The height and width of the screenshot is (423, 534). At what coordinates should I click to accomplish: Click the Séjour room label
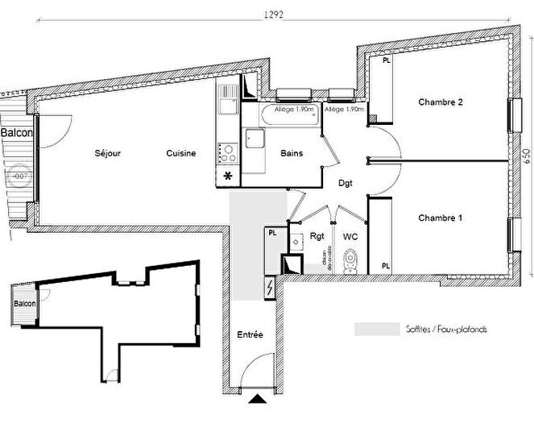[x=107, y=153]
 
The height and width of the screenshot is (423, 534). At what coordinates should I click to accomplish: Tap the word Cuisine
[x=181, y=153]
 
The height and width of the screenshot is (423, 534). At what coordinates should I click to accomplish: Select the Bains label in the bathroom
[x=291, y=153]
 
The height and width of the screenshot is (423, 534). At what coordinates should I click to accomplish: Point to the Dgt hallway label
[x=346, y=183]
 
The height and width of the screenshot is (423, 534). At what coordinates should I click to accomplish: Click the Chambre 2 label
[x=439, y=102]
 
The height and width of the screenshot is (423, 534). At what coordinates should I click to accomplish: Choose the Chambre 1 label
[x=439, y=218]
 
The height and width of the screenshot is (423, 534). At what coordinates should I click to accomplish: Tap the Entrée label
[x=250, y=334]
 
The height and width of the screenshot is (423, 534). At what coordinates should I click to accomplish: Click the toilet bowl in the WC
[x=350, y=260]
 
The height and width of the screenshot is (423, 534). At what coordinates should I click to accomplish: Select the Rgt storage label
[x=317, y=237]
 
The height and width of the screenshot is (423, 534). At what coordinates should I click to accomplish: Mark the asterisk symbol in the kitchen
[x=228, y=176]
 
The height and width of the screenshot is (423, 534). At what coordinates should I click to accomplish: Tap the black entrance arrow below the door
[x=257, y=398]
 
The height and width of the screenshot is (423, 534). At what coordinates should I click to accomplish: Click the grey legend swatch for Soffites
[x=377, y=330]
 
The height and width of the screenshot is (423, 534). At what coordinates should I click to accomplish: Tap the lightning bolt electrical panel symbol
[x=269, y=286]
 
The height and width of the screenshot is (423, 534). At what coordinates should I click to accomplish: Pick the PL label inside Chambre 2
[x=387, y=60]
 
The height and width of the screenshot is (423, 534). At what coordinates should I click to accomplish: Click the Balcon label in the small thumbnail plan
[x=23, y=304]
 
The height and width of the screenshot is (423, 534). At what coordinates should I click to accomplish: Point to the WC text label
[x=350, y=237]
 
